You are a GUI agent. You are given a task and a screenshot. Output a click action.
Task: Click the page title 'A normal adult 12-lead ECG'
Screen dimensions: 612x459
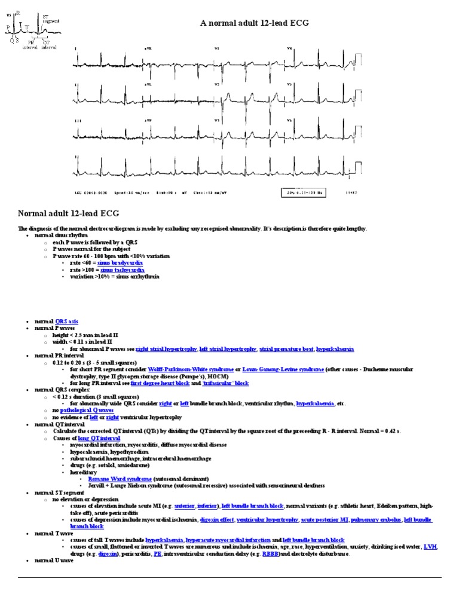point(254,23)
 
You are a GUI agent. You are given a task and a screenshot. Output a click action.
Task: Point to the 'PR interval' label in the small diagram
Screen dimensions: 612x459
point(30,45)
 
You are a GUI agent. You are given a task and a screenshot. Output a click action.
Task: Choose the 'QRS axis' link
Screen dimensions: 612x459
point(66,321)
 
